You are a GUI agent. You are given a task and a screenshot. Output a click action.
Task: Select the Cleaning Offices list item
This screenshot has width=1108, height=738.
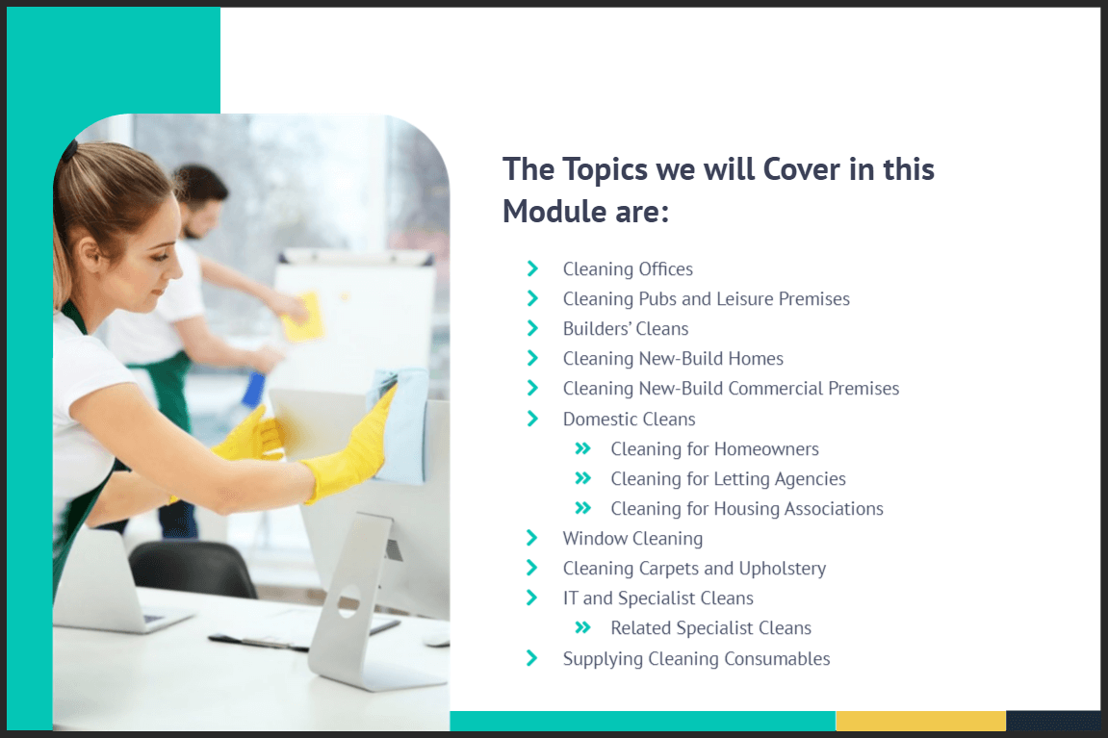[628, 269]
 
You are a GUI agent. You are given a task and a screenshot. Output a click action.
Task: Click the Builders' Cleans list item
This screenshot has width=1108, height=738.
[626, 328]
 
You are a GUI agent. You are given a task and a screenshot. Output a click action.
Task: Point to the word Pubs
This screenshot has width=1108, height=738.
[657, 298]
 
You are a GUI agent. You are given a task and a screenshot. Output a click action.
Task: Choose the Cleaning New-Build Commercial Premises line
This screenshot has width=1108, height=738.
[731, 389]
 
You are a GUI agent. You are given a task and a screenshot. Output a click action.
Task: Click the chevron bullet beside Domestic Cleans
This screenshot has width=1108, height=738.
[532, 419]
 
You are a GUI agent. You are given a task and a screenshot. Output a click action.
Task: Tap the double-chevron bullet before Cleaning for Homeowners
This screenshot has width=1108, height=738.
[582, 448]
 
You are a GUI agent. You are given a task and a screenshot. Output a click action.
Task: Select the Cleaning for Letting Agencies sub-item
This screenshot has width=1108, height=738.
[728, 479]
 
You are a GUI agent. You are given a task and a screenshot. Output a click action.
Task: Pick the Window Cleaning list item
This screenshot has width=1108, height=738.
[632, 539]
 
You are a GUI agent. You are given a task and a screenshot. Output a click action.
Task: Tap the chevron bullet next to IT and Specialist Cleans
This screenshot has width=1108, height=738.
[532, 598]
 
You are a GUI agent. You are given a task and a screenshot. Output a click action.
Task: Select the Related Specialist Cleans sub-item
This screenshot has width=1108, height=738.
[710, 628]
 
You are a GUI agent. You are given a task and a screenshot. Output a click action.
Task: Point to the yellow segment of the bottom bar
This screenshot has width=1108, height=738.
[920, 721]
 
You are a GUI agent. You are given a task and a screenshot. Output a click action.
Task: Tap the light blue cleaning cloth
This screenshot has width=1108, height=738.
[400, 423]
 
